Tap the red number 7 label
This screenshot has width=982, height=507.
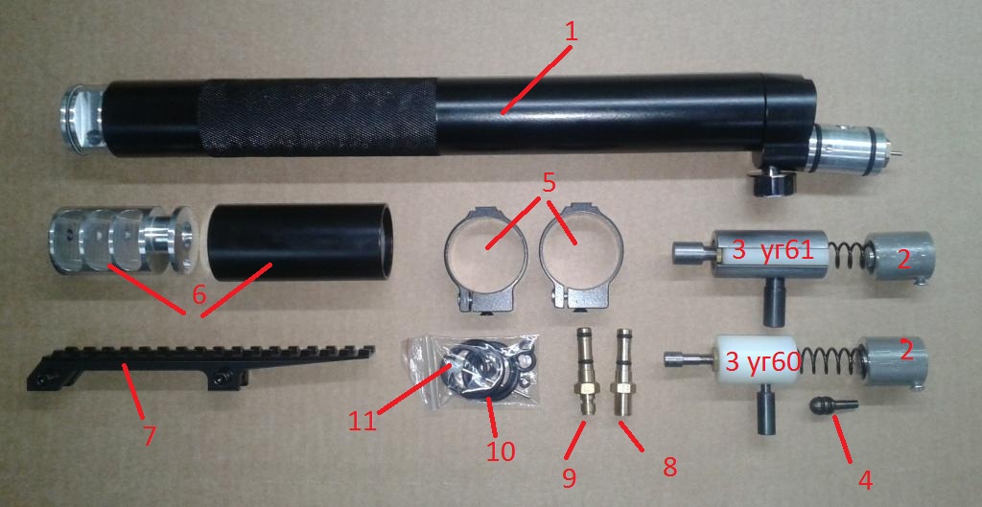tap(149, 436)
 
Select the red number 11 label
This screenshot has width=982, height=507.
tap(362, 421)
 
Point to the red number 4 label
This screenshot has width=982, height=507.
tap(865, 480)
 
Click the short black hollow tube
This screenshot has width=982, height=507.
tap(300, 242)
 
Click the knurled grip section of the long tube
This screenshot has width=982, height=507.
tap(317, 117)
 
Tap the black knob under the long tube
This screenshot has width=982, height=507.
tap(773, 181)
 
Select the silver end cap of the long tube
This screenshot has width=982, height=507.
tap(82, 118)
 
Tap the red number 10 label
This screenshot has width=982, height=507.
tap(502, 450)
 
